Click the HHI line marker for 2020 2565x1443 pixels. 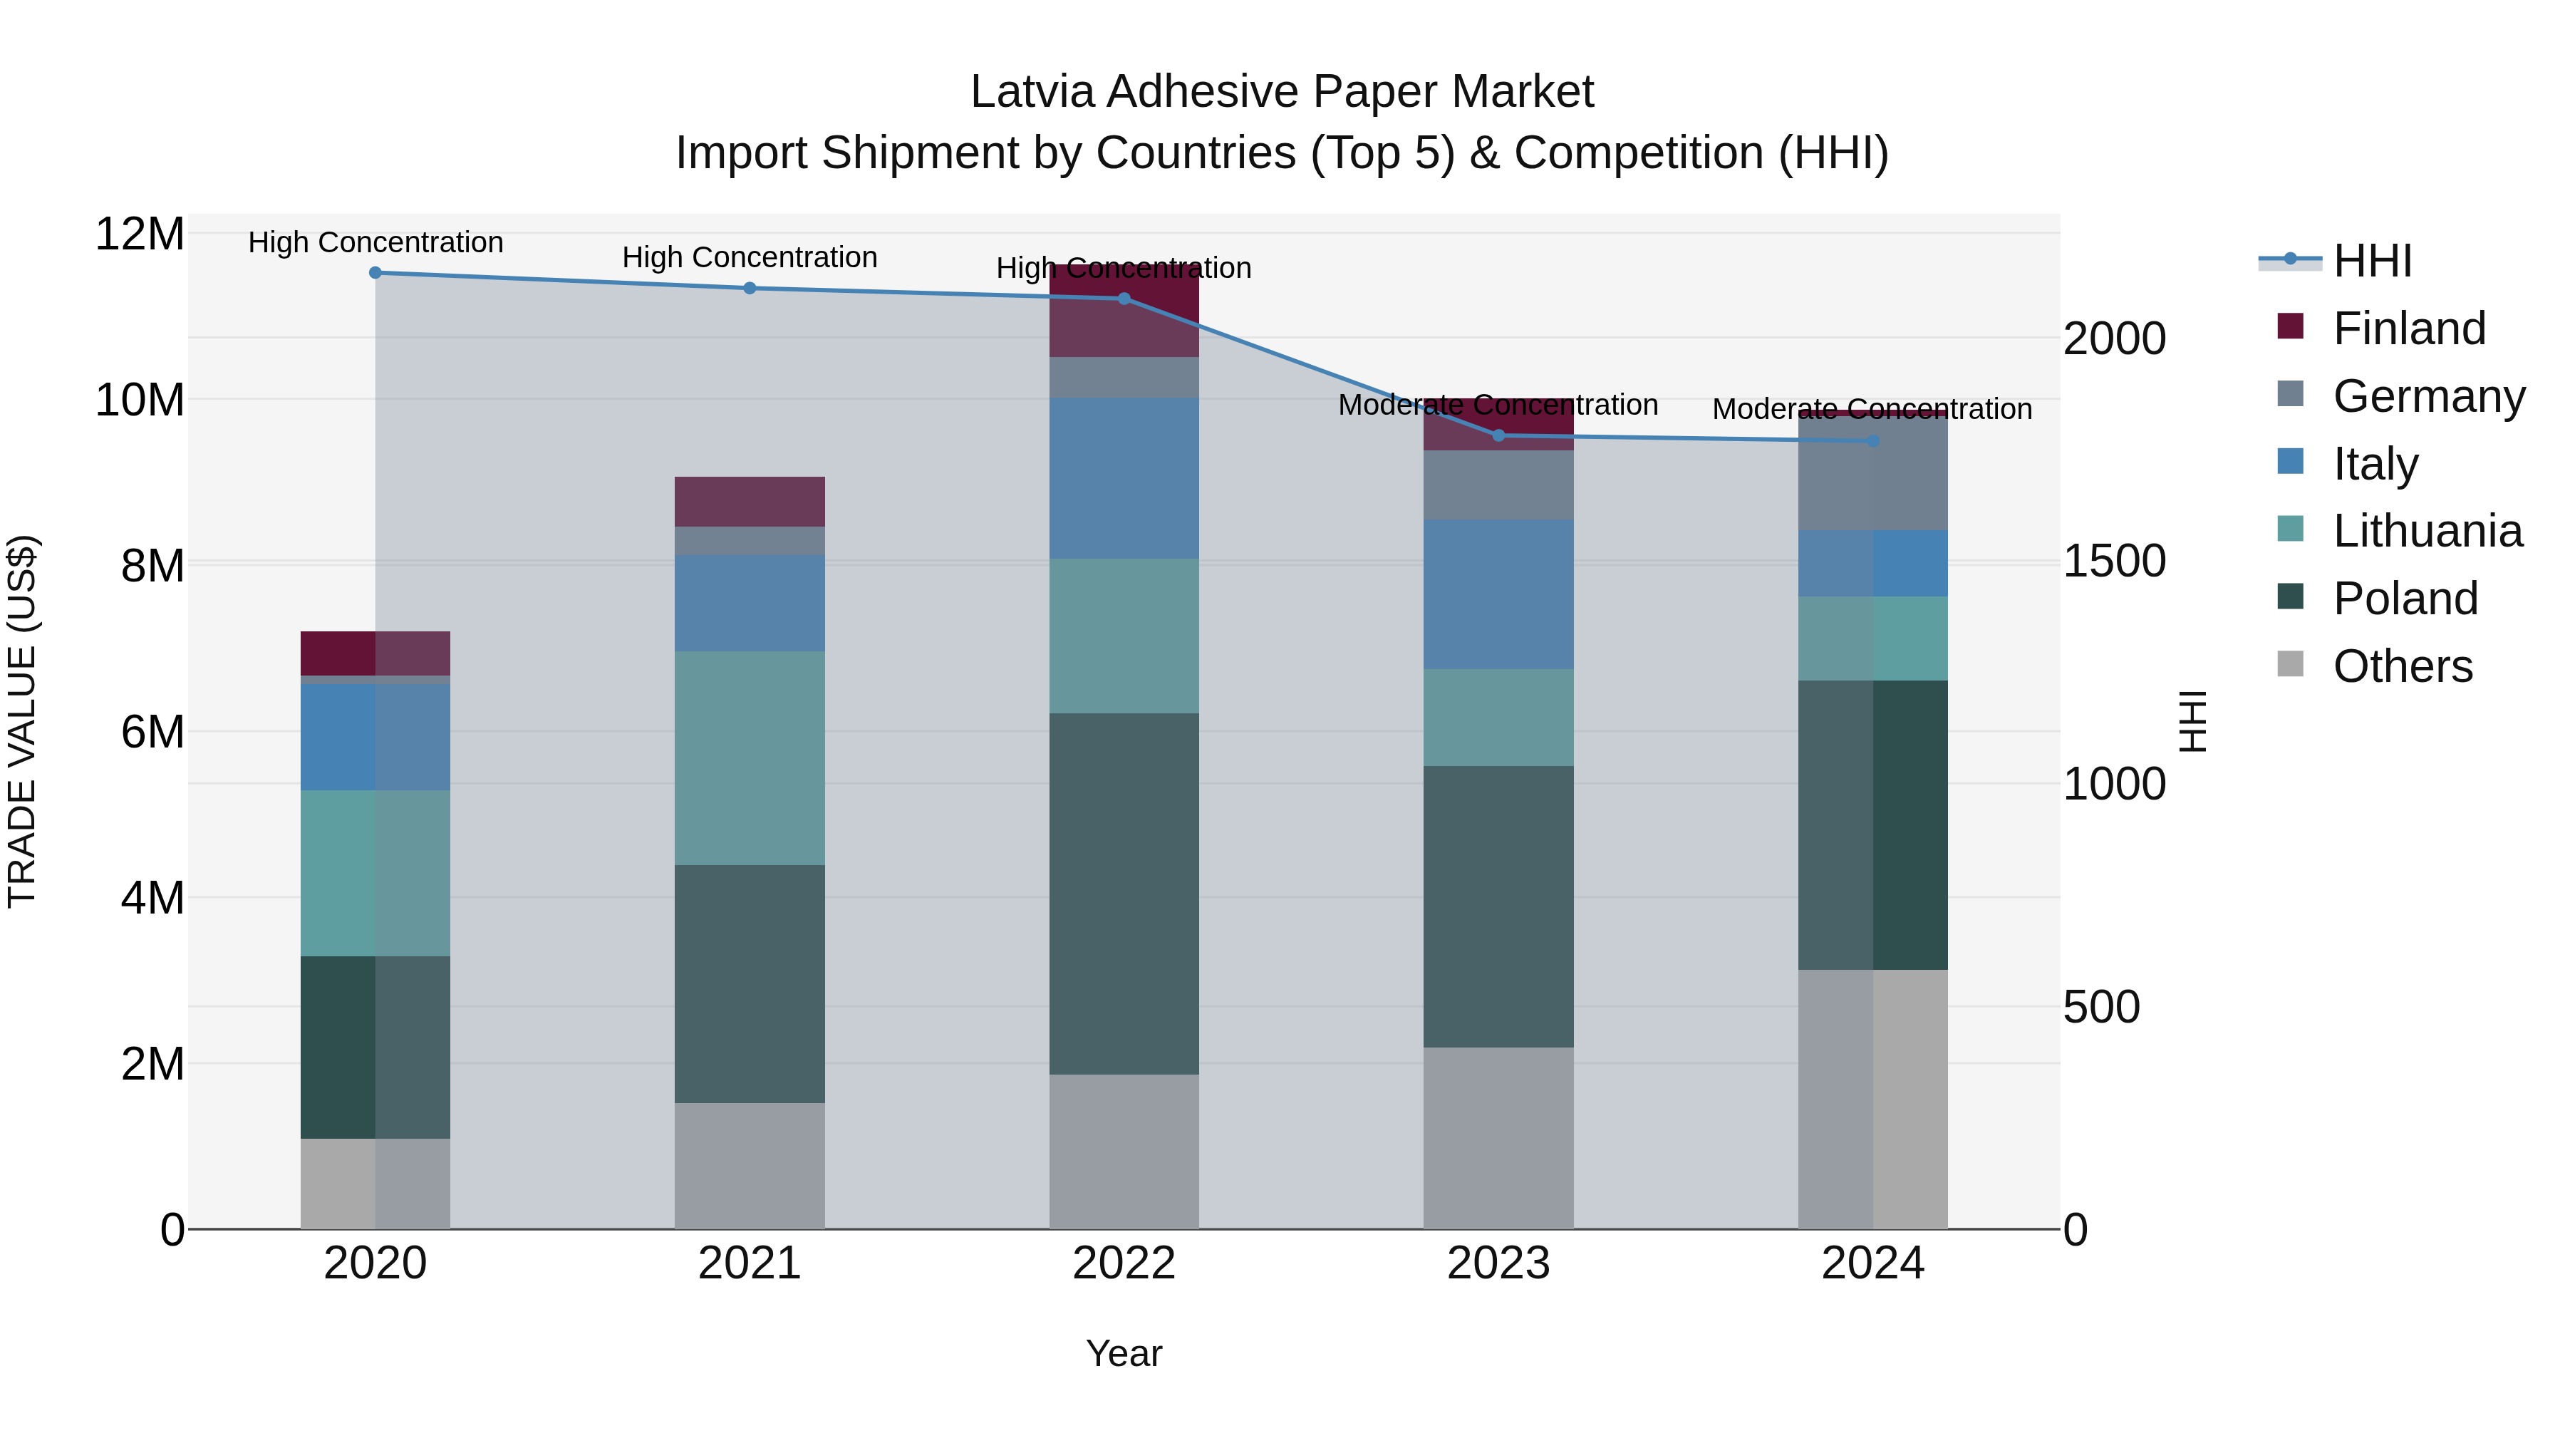pos(375,272)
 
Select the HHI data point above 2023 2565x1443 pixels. pos(1498,435)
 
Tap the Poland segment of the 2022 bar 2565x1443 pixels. pos(1124,894)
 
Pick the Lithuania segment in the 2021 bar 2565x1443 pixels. pos(750,758)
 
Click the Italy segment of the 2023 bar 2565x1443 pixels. pos(1498,594)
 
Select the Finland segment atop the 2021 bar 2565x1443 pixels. pos(750,501)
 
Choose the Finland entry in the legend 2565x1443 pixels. pos(2408,329)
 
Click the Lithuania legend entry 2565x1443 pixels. pos(2427,531)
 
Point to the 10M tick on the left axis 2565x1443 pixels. pos(140,400)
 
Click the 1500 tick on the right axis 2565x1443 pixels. pos(2114,562)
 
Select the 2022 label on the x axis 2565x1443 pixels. pos(1124,1263)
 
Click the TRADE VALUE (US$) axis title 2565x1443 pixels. pos(23,721)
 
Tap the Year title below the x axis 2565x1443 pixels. pos(1124,1353)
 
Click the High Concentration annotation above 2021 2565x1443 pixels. pos(750,257)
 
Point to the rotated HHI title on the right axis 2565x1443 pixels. pos(2192,721)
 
